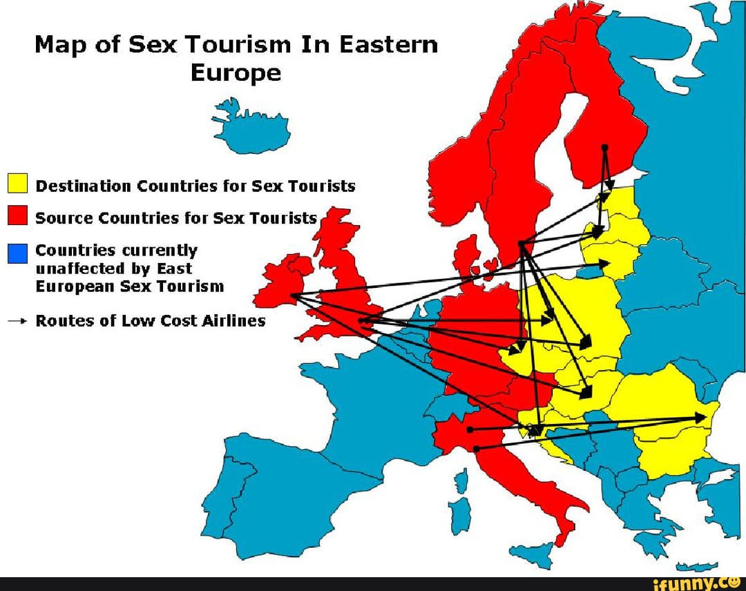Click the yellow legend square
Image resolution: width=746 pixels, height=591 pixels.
click(x=17, y=184)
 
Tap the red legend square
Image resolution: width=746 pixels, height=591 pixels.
click(x=17, y=216)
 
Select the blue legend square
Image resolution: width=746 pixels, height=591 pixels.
click(x=17, y=253)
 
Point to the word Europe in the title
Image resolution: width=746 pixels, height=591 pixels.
click(x=236, y=72)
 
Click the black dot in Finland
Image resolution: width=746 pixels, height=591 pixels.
click(x=604, y=148)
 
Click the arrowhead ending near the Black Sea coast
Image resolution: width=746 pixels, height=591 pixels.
click(x=700, y=417)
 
